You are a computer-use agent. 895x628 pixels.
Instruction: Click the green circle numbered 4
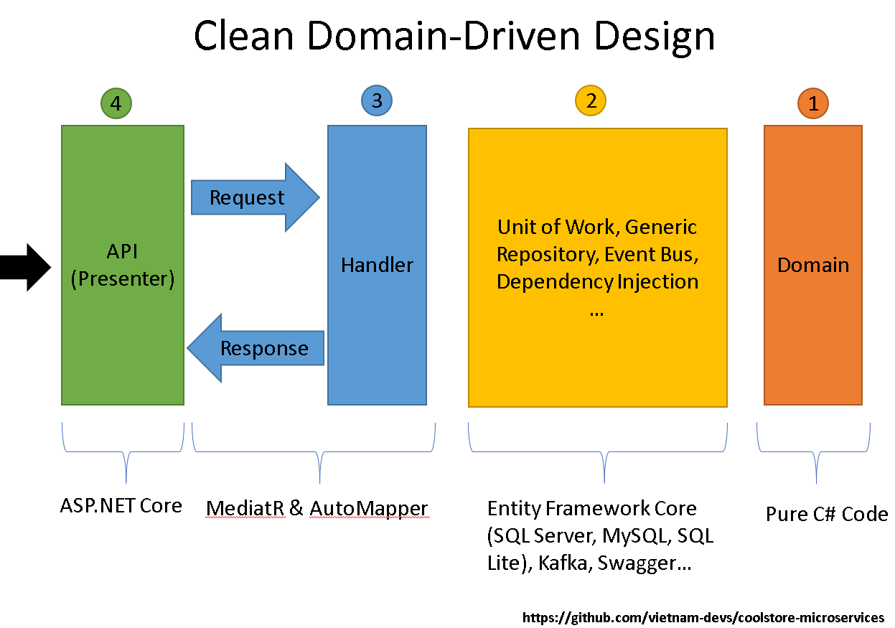(116, 103)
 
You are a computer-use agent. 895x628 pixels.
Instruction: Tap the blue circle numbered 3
(377, 100)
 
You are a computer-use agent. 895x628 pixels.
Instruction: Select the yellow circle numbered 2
(591, 100)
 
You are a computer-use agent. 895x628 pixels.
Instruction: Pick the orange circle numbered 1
(812, 104)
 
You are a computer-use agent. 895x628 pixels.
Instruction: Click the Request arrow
(255, 197)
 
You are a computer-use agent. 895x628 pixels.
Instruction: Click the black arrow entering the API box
(25, 268)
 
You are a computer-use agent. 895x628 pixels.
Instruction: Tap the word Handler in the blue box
(377, 265)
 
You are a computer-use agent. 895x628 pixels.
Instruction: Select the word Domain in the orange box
(813, 265)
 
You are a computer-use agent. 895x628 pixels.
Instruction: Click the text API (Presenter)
(123, 265)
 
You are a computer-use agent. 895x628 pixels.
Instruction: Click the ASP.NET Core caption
(121, 505)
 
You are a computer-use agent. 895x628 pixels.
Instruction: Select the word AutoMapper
(369, 509)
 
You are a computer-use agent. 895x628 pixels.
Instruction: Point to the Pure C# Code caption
(827, 514)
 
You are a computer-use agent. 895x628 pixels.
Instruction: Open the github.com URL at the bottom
(703, 617)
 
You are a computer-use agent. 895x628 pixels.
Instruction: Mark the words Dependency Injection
(597, 281)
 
